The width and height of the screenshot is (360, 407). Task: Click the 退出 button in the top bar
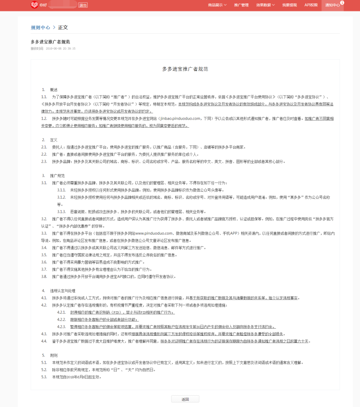pyautogui.click(x=83, y=5)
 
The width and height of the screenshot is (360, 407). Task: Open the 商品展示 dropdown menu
pyautogui.click(x=217, y=5)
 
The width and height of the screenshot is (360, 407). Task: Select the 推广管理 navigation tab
pyautogui.click(x=241, y=5)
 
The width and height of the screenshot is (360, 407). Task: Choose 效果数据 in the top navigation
pyautogui.click(x=265, y=5)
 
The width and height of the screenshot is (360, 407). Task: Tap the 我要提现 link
pyautogui.click(x=289, y=5)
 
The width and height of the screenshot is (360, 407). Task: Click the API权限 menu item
pyautogui.click(x=311, y=5)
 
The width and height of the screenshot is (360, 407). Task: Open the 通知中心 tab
pyautogui.click(x=332, y=5)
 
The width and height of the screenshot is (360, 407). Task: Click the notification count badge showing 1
pyautogui.click(x=342, y=3)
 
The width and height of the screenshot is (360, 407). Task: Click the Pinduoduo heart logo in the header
pyautogui.click(x=34, y=5)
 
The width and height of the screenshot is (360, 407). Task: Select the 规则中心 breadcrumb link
pyautogui.click(x=40, y=27)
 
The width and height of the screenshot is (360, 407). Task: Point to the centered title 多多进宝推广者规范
pyautogui.click(x=185, y=69)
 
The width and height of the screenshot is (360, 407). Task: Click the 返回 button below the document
pyautogui.click(x=185, y=399)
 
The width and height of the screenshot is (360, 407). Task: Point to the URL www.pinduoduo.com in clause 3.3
pyautogui.click(x=154, y=233)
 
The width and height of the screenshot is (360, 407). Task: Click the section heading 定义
pyautogui.click(x=54, y=139)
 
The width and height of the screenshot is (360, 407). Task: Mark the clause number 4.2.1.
pyautogui.click(x=62, y=312)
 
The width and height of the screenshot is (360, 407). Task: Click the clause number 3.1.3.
pyautogui.click(x=62, y=212)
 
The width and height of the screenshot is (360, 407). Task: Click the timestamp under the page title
pyautogui.click(x=53, y=48)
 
